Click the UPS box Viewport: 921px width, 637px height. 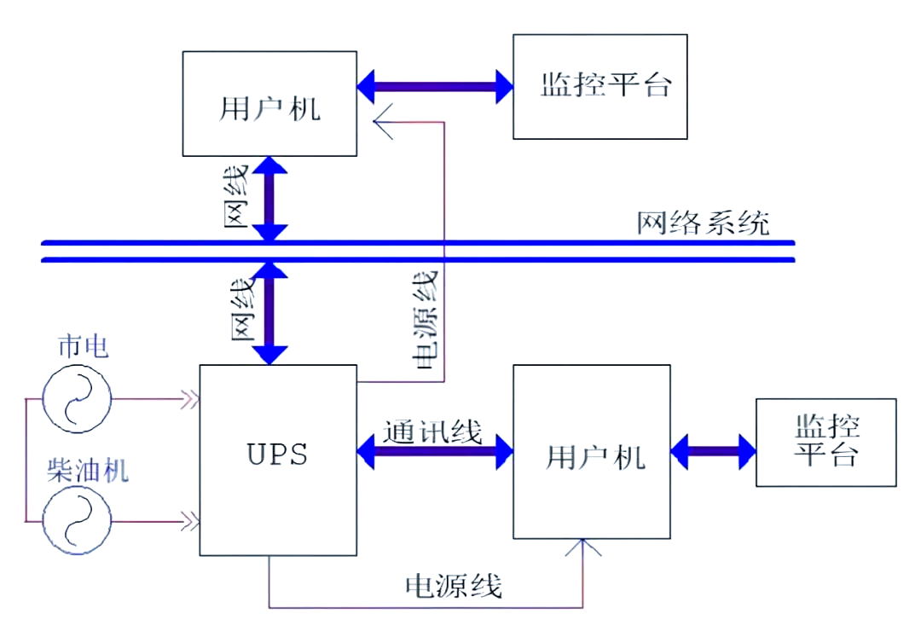tap(278, 460)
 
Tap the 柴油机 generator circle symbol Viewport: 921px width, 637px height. tap(77, 518)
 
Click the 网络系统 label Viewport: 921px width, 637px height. tap(703, 223)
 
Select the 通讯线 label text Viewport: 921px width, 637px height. tap(432, 431)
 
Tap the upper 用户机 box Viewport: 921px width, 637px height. tap(269, 103)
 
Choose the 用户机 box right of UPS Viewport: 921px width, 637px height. tap(593, 451)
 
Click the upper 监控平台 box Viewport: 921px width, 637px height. tap(600, 86)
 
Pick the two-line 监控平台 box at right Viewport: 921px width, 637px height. tap(825, 442)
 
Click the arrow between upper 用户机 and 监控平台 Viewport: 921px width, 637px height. tap(435, 87)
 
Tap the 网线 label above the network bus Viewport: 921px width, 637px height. tap(238, 197)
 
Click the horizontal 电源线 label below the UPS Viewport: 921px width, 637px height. tap(453, 586)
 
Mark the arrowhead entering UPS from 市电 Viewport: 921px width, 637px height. tap(189, 398)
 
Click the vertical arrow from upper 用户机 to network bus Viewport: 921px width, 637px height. tap(270, 199)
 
